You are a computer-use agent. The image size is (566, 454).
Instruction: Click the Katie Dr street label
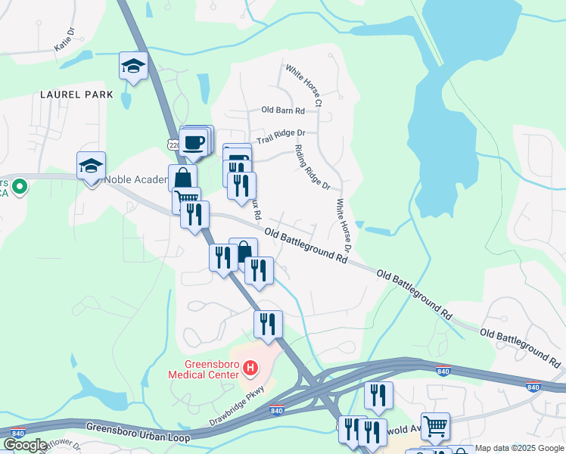point(66,41)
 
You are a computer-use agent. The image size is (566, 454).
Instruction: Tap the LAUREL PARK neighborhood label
point(77,95)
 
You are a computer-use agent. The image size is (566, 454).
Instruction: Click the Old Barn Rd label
point(283,110)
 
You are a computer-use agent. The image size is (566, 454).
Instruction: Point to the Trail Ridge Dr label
point(281,136)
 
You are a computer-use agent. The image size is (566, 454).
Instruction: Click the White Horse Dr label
point(343,225)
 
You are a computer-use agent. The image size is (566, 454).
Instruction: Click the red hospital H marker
point(250,368)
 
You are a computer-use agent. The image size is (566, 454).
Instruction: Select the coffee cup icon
point(194,141)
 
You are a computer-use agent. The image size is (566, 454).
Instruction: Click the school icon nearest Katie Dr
point(133,66)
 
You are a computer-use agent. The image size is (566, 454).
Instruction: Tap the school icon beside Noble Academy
point(91,166)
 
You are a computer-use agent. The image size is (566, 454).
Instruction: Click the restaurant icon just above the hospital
point(268,325)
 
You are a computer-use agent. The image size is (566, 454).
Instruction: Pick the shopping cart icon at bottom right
point(435,427)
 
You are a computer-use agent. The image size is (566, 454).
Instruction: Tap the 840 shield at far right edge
point(533,387)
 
